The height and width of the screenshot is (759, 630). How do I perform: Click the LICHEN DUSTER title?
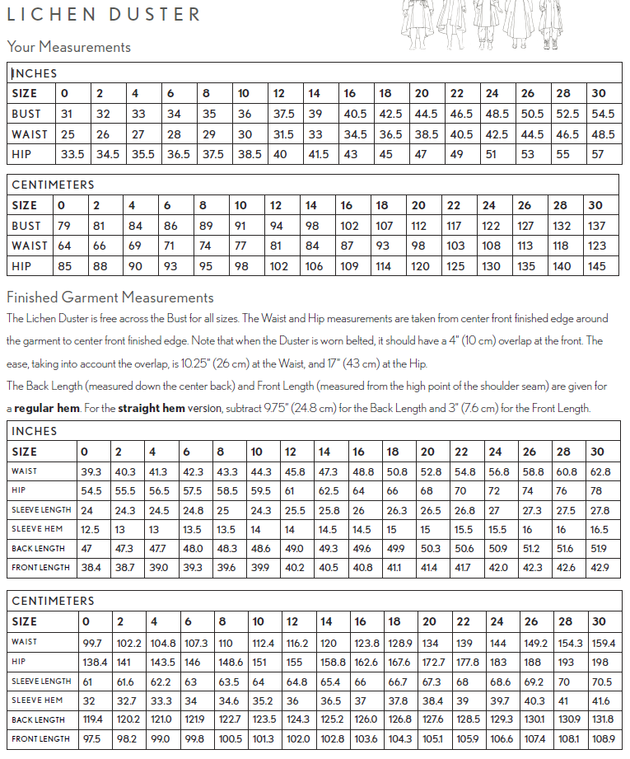(104, 14)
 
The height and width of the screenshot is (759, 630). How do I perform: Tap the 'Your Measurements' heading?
(68, 47)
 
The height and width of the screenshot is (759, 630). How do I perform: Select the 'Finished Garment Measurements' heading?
(110, 298)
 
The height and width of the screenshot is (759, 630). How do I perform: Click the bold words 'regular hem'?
(47, 408)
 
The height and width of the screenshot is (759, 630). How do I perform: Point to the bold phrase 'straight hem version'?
(170, 408)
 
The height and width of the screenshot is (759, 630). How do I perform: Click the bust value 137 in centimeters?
(598, 226)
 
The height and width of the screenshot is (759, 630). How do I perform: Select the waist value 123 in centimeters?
(598, 246)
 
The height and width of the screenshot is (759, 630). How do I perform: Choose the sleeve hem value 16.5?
(600, 529)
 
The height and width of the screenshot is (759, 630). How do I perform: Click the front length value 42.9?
(601, 567)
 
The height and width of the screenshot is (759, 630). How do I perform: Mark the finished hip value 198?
(600, 662)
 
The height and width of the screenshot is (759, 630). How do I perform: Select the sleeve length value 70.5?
(602, 682)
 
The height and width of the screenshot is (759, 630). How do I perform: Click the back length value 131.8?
(602, 719)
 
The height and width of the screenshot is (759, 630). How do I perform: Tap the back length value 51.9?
(600, 548)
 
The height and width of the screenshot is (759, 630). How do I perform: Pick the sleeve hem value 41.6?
(601, 700)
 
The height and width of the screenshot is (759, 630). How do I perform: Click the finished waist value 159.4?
(603, 643)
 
